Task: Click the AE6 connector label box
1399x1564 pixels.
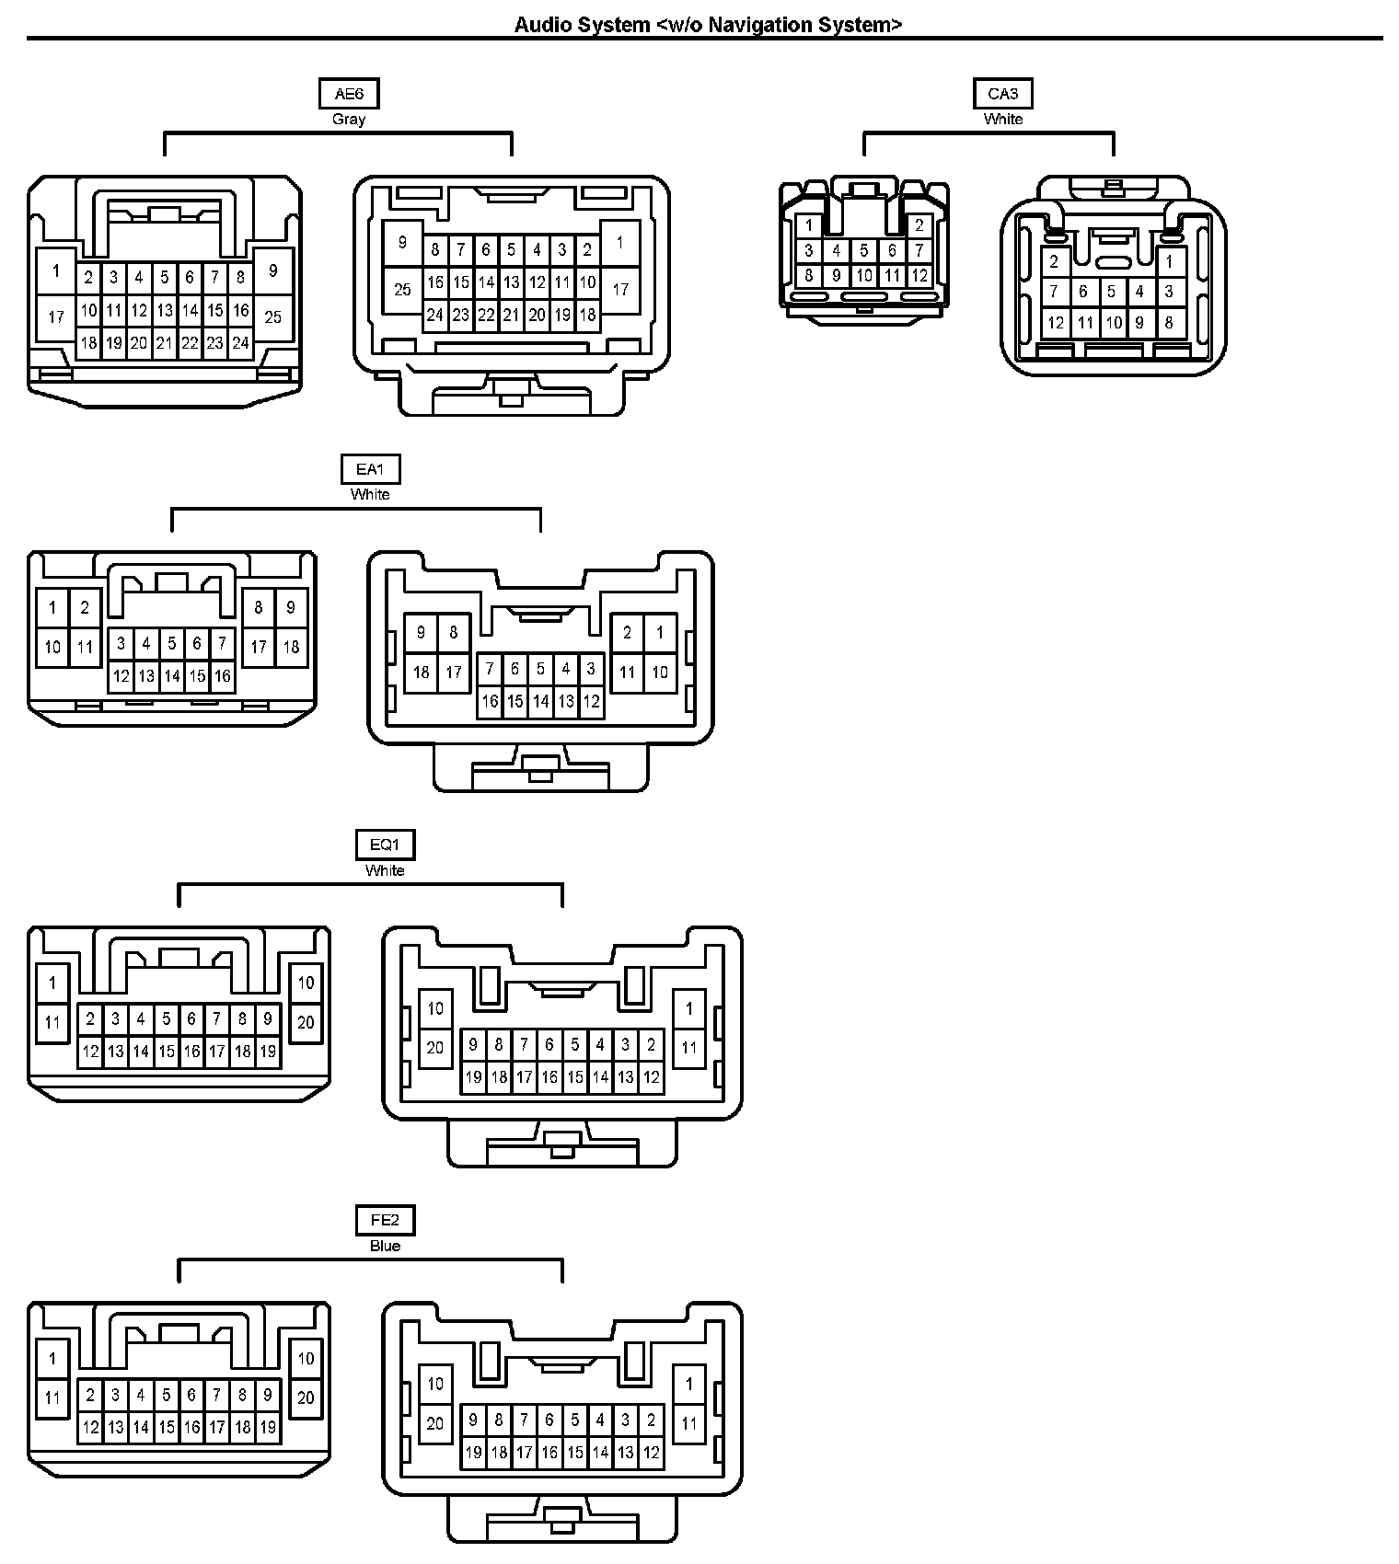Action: pyautogui.click(x=349, y=94)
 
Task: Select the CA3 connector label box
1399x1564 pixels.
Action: pyautogui.click(x=1002, y=94)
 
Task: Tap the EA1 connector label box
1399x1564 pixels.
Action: pyautogui.click(x=370, y=469)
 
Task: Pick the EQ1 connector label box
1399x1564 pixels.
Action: pyautogui.click(x=385, y=845)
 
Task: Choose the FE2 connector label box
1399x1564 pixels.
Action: pyautogui.click(x=385, y=1221)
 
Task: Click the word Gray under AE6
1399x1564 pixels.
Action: pyautogui.click(x=349, y=120)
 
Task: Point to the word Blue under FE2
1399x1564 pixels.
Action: pyautogui.click(x=385, y=1246)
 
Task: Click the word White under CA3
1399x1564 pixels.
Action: pyautogui.click(x=1002, y=120)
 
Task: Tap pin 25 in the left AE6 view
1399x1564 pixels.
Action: pyautogui.click(x=273, y=317)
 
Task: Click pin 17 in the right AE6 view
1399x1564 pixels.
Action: pyautogui.click(x=620, y=289)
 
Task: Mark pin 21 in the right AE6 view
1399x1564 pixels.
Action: pyautogui.click(x=511, y=315)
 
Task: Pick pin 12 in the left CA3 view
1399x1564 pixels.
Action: pyautogui.click(x=919, y=275)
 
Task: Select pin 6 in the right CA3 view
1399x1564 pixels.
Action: pyautogui.click(x=1082, y=293)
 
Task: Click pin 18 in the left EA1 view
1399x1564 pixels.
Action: pyautogui.click(x=291, y=647)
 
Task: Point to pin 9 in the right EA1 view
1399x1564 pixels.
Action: pyautogui.click(x=422, y=632)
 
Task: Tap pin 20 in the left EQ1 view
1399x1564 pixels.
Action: pyautogui.click(x=306, y=1021)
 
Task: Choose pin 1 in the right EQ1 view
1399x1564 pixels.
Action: pyautogui.click(x=689, y=1008)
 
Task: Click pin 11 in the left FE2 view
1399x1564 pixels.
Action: pyautogui.click(x=52, y=1397)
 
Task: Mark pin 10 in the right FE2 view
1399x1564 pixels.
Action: pyautogui.click(x=435, y=1384)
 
